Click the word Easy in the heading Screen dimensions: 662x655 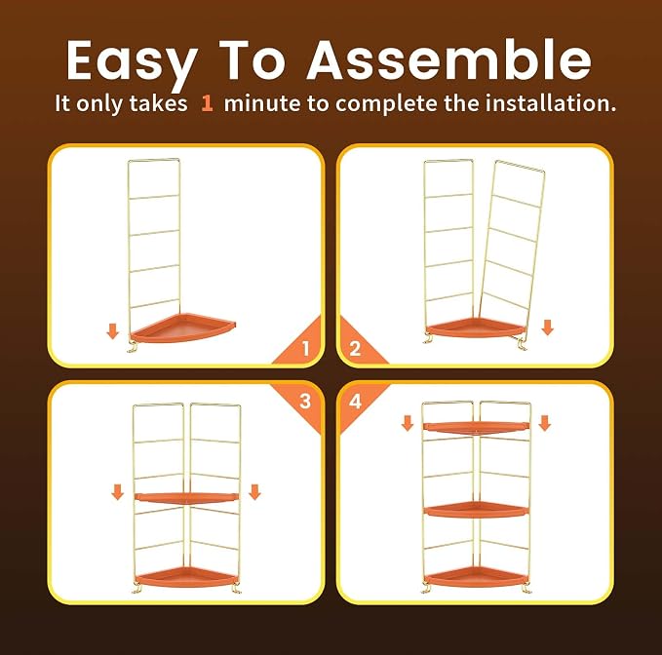133,62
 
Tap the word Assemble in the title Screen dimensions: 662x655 448,59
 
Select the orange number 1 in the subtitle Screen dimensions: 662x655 207,103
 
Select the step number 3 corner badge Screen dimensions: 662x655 299,406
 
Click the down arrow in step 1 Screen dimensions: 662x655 113,330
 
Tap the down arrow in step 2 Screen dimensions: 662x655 548,327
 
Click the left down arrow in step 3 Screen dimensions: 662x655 117,492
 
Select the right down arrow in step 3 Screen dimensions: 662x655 254,492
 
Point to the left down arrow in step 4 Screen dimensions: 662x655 408,423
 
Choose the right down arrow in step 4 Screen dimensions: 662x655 545,423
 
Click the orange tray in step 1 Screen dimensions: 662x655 182,328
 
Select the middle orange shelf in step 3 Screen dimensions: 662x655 186,498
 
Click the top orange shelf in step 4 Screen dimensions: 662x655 476,428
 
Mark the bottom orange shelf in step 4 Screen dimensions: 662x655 476,577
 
